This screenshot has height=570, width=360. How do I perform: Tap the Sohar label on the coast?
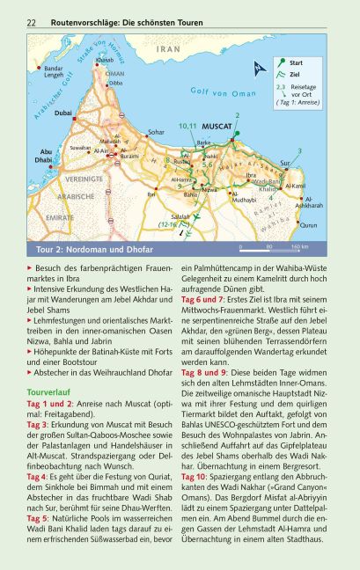point(156,131)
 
